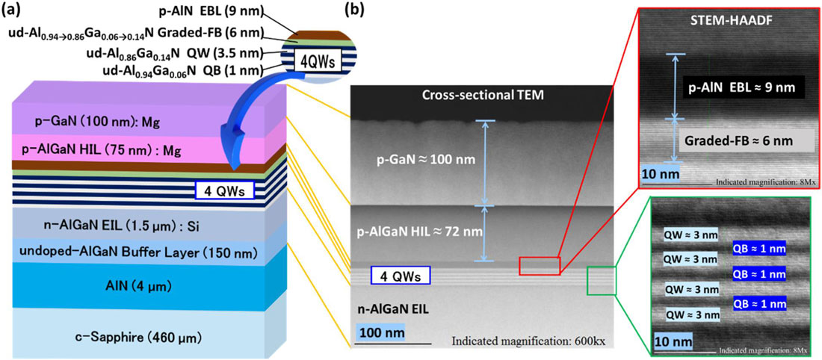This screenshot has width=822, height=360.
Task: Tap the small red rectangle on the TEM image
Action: (x=540, y=266)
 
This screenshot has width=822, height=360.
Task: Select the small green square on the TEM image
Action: (x=602, y=281)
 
